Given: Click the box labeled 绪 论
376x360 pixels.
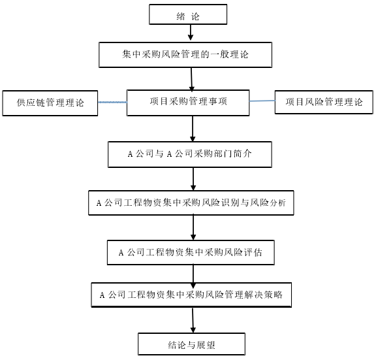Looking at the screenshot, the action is [188, 14].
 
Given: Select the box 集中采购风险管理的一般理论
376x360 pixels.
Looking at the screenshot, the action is [185, 55].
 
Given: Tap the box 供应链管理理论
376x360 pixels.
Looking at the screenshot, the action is [50, 103].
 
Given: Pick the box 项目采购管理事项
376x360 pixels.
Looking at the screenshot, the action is [188, 103].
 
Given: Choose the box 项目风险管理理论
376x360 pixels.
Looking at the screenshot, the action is [324, 102].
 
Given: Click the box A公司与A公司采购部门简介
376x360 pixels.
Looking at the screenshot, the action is [190, 154].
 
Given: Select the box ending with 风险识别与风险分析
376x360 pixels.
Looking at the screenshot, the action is [191, 203].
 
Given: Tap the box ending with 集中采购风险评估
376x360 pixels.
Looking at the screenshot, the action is [191, 252].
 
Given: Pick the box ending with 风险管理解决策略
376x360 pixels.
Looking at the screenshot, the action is [191, 295].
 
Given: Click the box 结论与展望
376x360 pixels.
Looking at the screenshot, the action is [191, 344].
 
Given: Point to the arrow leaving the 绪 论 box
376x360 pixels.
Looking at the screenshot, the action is [191, 33].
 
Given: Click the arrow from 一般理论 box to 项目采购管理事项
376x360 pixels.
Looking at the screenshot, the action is [192, 79].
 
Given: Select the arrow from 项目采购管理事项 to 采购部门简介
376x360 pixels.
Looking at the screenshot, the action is [193, 129].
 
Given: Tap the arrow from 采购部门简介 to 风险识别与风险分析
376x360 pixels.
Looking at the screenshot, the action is [193, 179].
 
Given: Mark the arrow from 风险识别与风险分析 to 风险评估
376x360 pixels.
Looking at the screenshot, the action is [193, 227].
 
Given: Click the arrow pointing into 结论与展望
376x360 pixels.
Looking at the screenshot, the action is [193, 320].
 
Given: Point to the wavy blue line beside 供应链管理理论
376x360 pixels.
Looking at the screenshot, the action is [113, 102].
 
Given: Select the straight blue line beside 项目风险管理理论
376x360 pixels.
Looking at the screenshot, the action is [262, 101].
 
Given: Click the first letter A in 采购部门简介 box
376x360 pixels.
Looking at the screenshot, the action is [130, 154].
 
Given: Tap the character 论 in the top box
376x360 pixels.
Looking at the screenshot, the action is [195, 16].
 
